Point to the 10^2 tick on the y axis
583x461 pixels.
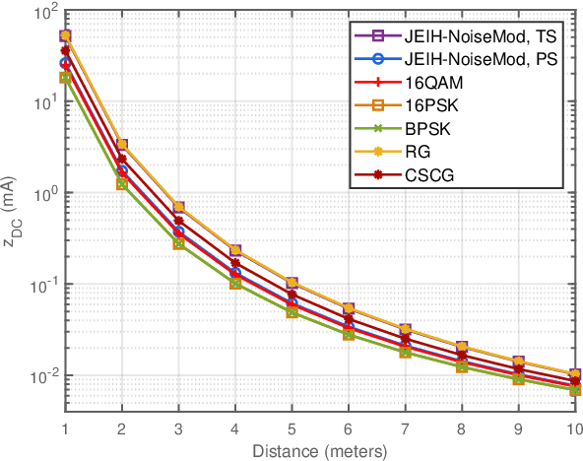41,13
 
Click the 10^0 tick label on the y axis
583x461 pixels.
41,194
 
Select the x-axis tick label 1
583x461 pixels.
65,428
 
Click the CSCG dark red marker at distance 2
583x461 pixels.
122,159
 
